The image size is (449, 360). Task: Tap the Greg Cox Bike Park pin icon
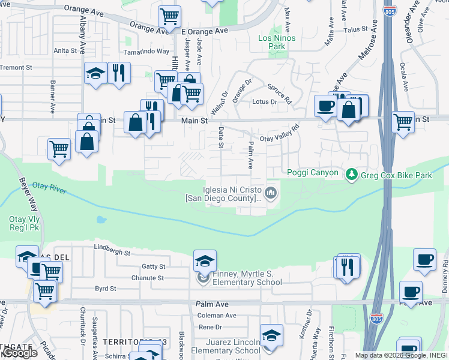coord(351,175)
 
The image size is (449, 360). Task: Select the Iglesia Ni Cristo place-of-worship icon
coord(271,193)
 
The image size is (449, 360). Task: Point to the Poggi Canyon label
coord(313,173)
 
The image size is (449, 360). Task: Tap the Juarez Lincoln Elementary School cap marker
coord(271,335)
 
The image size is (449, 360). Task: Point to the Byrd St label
coord(106,289)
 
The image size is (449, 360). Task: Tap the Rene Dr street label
coord(210,327)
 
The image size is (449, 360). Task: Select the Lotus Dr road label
coord(264,102)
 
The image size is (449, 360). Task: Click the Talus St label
coord(355,29)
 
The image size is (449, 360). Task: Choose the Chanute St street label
coord(148,278)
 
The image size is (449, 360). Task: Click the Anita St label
coord(65,51)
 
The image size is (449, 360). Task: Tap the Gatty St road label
coord(153,266)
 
